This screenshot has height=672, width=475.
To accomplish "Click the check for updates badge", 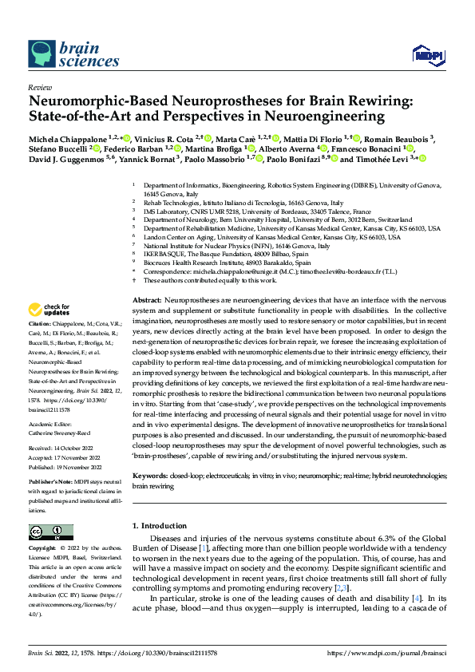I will [x=49, y=308].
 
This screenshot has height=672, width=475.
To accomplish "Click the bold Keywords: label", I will [x=149, y=476].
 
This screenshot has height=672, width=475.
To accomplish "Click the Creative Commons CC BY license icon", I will [x=48, y=532].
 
